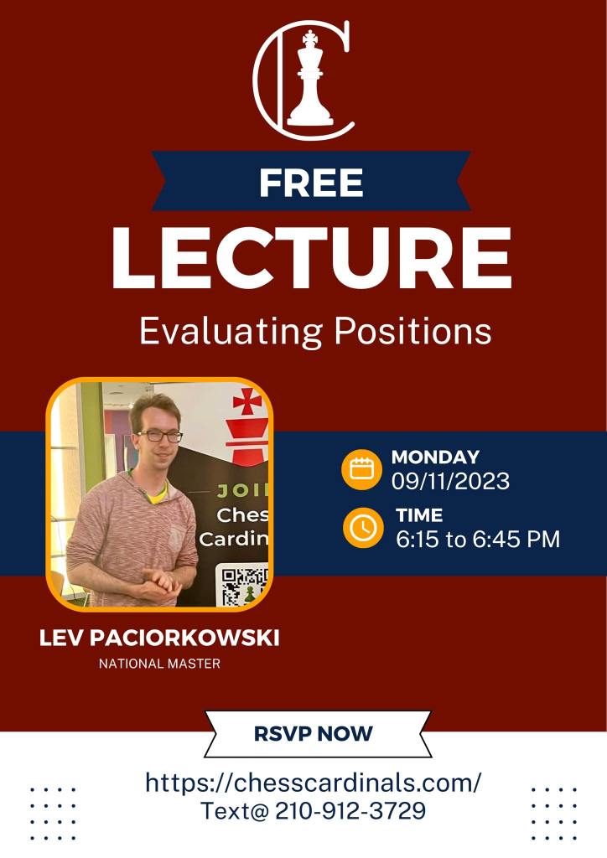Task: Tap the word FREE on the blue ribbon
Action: point(311,182)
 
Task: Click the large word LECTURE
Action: point(311,257)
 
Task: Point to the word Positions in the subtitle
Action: point(412,331)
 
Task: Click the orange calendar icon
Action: point(361,469)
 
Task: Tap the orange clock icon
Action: point(363,528)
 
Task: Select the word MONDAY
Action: point(435,457)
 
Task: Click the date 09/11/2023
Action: point(450,481)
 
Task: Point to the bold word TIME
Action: point(419,515)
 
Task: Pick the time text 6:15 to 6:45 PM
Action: point(478,539)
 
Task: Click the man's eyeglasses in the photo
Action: point(159,436)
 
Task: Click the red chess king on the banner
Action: point(248,426)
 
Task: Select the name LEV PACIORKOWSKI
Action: point(159,638)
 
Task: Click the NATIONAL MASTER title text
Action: point(159,664)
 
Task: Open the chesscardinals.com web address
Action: point(313,783)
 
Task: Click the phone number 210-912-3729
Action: point(350,811)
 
